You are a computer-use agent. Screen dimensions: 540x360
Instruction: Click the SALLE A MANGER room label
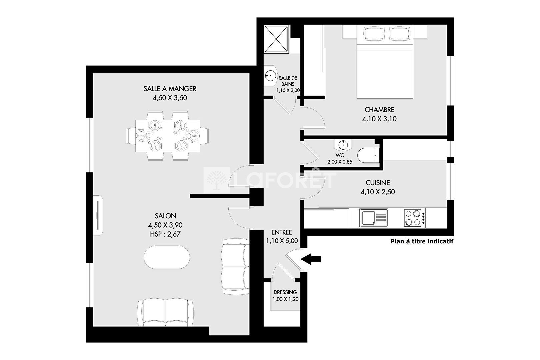(x=170, y=89)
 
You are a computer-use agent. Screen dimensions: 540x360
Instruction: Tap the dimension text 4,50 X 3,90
(x=165, y=225)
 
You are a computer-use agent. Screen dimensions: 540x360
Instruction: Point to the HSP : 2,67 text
(x=165, y=234)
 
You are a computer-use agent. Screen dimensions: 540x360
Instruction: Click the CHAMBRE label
(x=379, y=110)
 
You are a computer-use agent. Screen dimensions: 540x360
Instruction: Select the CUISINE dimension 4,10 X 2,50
(x=378, y=192)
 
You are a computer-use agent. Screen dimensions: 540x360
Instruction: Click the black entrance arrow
(x=311, y=259)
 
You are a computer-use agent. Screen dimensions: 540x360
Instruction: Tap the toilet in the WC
(x=368, y=155)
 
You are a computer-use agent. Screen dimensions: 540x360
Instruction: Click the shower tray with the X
(x=276, y=39)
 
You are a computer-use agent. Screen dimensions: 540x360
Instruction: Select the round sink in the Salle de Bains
(x=270, y=76)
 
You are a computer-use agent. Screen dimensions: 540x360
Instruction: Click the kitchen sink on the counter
(x=373, y=218)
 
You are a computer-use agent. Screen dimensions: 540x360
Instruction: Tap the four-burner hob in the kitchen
(x=414, y=218)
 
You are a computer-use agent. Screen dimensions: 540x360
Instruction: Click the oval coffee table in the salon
(x=167, y=257)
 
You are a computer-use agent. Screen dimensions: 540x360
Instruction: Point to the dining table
(x=168, y=136)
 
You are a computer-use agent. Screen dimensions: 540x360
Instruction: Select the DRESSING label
(x=285, y=292)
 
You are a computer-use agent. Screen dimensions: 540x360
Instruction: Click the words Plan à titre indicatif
(x=422, y=241)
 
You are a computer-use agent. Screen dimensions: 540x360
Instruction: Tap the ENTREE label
(x=282, y=232)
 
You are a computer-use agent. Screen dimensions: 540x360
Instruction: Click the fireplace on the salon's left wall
(x=98, y=215)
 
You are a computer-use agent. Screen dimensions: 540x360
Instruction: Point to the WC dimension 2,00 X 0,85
(x=340, y=162)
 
